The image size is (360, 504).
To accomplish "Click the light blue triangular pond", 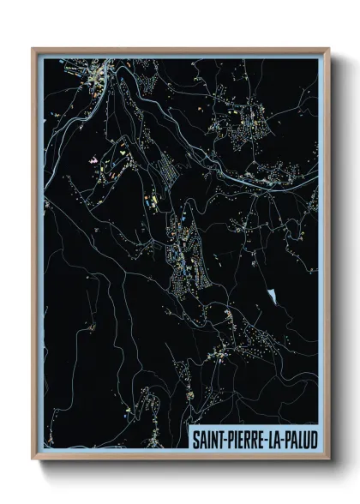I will point(273,297).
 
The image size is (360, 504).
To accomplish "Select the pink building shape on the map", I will point(93,159).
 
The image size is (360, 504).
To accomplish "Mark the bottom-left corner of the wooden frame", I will point(33,459).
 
